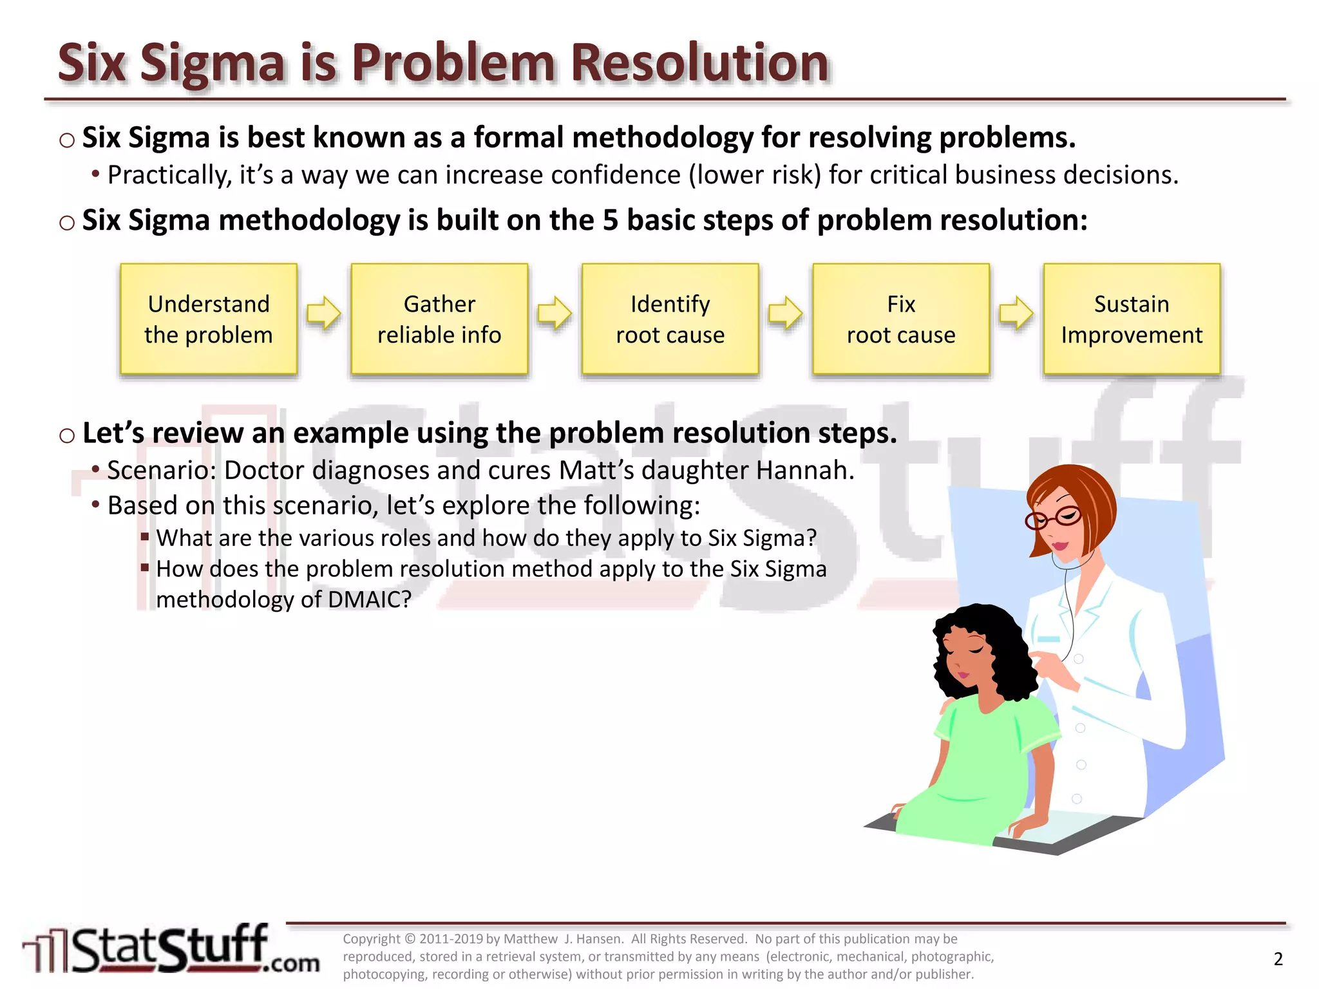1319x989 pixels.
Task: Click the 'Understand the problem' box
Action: click(x=209, y=319)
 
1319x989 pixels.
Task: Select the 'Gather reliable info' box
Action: click(x=439, y=319)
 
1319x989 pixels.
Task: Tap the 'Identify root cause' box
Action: click(x=670, y=319)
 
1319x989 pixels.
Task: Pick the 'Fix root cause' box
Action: click(x=901, y=319)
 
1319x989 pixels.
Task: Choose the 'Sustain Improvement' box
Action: click(x=1132, y=319)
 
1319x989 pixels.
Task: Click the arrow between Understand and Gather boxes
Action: click(x=323, y=314)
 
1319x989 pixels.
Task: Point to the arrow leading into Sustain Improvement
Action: click(x=1016, y=314)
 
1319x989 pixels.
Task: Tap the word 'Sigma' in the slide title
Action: click(x=212, y=64)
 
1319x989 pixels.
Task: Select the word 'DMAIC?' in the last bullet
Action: click(x=369, y=599)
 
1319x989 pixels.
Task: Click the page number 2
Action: click(x=1278, y=959)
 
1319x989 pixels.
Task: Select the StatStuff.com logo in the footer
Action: click(x=171, y=950)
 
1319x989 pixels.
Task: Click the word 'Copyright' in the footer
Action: click(x=372, y=939)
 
